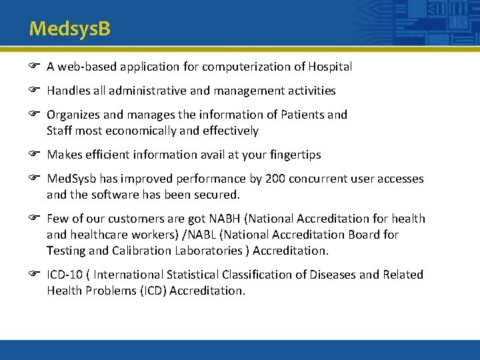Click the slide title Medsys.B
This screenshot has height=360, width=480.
tap(70, 29)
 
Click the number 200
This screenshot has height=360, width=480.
tap(275, 179)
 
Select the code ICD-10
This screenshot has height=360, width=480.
tap(65, 275)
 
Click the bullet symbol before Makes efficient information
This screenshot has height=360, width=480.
tap(35, 154)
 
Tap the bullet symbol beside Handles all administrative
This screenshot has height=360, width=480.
tap(35, 90)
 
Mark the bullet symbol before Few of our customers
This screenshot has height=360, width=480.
tap(35, 218)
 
